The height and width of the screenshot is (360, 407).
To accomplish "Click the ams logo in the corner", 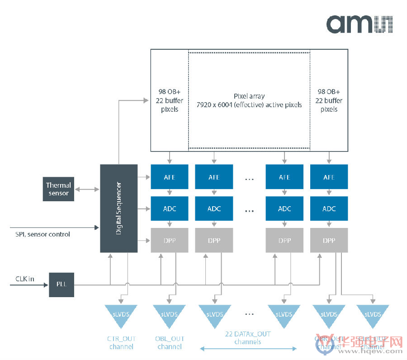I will [x=360, y=24].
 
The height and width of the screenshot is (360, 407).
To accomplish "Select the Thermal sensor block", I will [x=58, y=189].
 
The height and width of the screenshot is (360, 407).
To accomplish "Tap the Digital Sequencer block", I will [x=118, y=208].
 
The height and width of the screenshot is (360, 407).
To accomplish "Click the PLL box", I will [x=61, y=285].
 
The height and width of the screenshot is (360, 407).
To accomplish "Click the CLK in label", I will [x=25, y=279].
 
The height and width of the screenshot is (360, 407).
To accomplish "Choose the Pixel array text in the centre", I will [x=249, y=100].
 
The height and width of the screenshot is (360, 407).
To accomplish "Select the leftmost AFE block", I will [x=170, y=177].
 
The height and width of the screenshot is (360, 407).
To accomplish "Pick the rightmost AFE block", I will [x=329, y=177].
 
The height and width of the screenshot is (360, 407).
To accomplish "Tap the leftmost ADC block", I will [x=170, y=209].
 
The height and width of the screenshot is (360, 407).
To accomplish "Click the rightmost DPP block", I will [x=329, y=240].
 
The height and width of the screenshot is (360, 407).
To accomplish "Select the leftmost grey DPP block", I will [x=170, y=240].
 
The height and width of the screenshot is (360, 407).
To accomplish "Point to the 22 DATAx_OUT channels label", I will [x=248, y=338].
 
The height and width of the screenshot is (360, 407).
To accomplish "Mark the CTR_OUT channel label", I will [x=121, y=342].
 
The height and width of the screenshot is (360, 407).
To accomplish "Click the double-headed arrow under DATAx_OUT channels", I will [x=248, y=349].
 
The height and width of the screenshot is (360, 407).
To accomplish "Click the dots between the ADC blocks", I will [x=249, y=210].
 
